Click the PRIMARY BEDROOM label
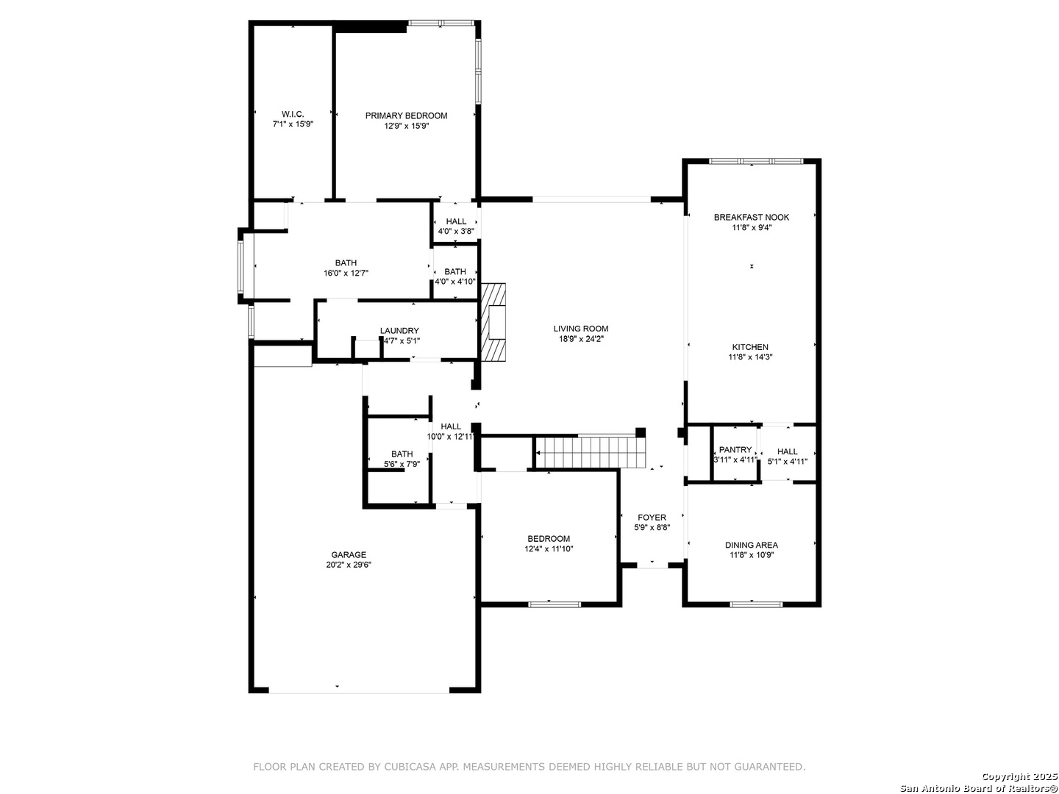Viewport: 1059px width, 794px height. (406, 115)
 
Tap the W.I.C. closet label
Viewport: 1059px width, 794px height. (293, 114)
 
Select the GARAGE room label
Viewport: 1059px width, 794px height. (349, 554)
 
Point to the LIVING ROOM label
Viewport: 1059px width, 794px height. (580, 329)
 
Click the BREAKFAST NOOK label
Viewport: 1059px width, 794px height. (751, 218)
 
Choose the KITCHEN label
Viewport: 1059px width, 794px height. (749, 347)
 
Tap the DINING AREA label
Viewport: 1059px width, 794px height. (751, 546)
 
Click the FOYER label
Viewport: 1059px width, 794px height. (652, 518)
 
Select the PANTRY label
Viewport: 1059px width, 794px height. (735, 450)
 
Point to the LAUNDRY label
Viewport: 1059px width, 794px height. (399, 331)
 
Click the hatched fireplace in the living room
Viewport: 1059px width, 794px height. (493, 322)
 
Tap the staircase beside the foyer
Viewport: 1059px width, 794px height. (591, 453)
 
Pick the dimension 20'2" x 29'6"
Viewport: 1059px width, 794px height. (349, 565)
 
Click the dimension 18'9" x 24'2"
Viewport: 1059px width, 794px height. (580, 339)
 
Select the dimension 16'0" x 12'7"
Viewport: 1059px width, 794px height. (346, 273)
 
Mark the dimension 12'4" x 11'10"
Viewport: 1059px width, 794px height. (549, 548)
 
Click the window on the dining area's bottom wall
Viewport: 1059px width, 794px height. (756, 604)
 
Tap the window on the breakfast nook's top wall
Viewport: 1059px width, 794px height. (755, 161)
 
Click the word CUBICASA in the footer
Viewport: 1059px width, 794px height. (410, 767)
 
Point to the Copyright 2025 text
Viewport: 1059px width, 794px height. (1019, 776)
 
